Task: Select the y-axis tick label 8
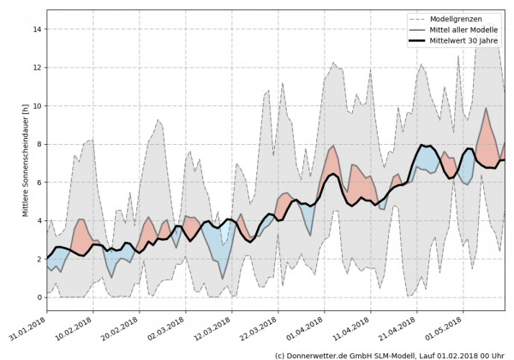(38, 144)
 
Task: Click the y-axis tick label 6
(38, 183)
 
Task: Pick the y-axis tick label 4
(38, 220)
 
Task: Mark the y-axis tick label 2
(38, 259)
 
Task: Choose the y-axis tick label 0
(38, 297)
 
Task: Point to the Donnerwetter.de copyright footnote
(390, 354)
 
